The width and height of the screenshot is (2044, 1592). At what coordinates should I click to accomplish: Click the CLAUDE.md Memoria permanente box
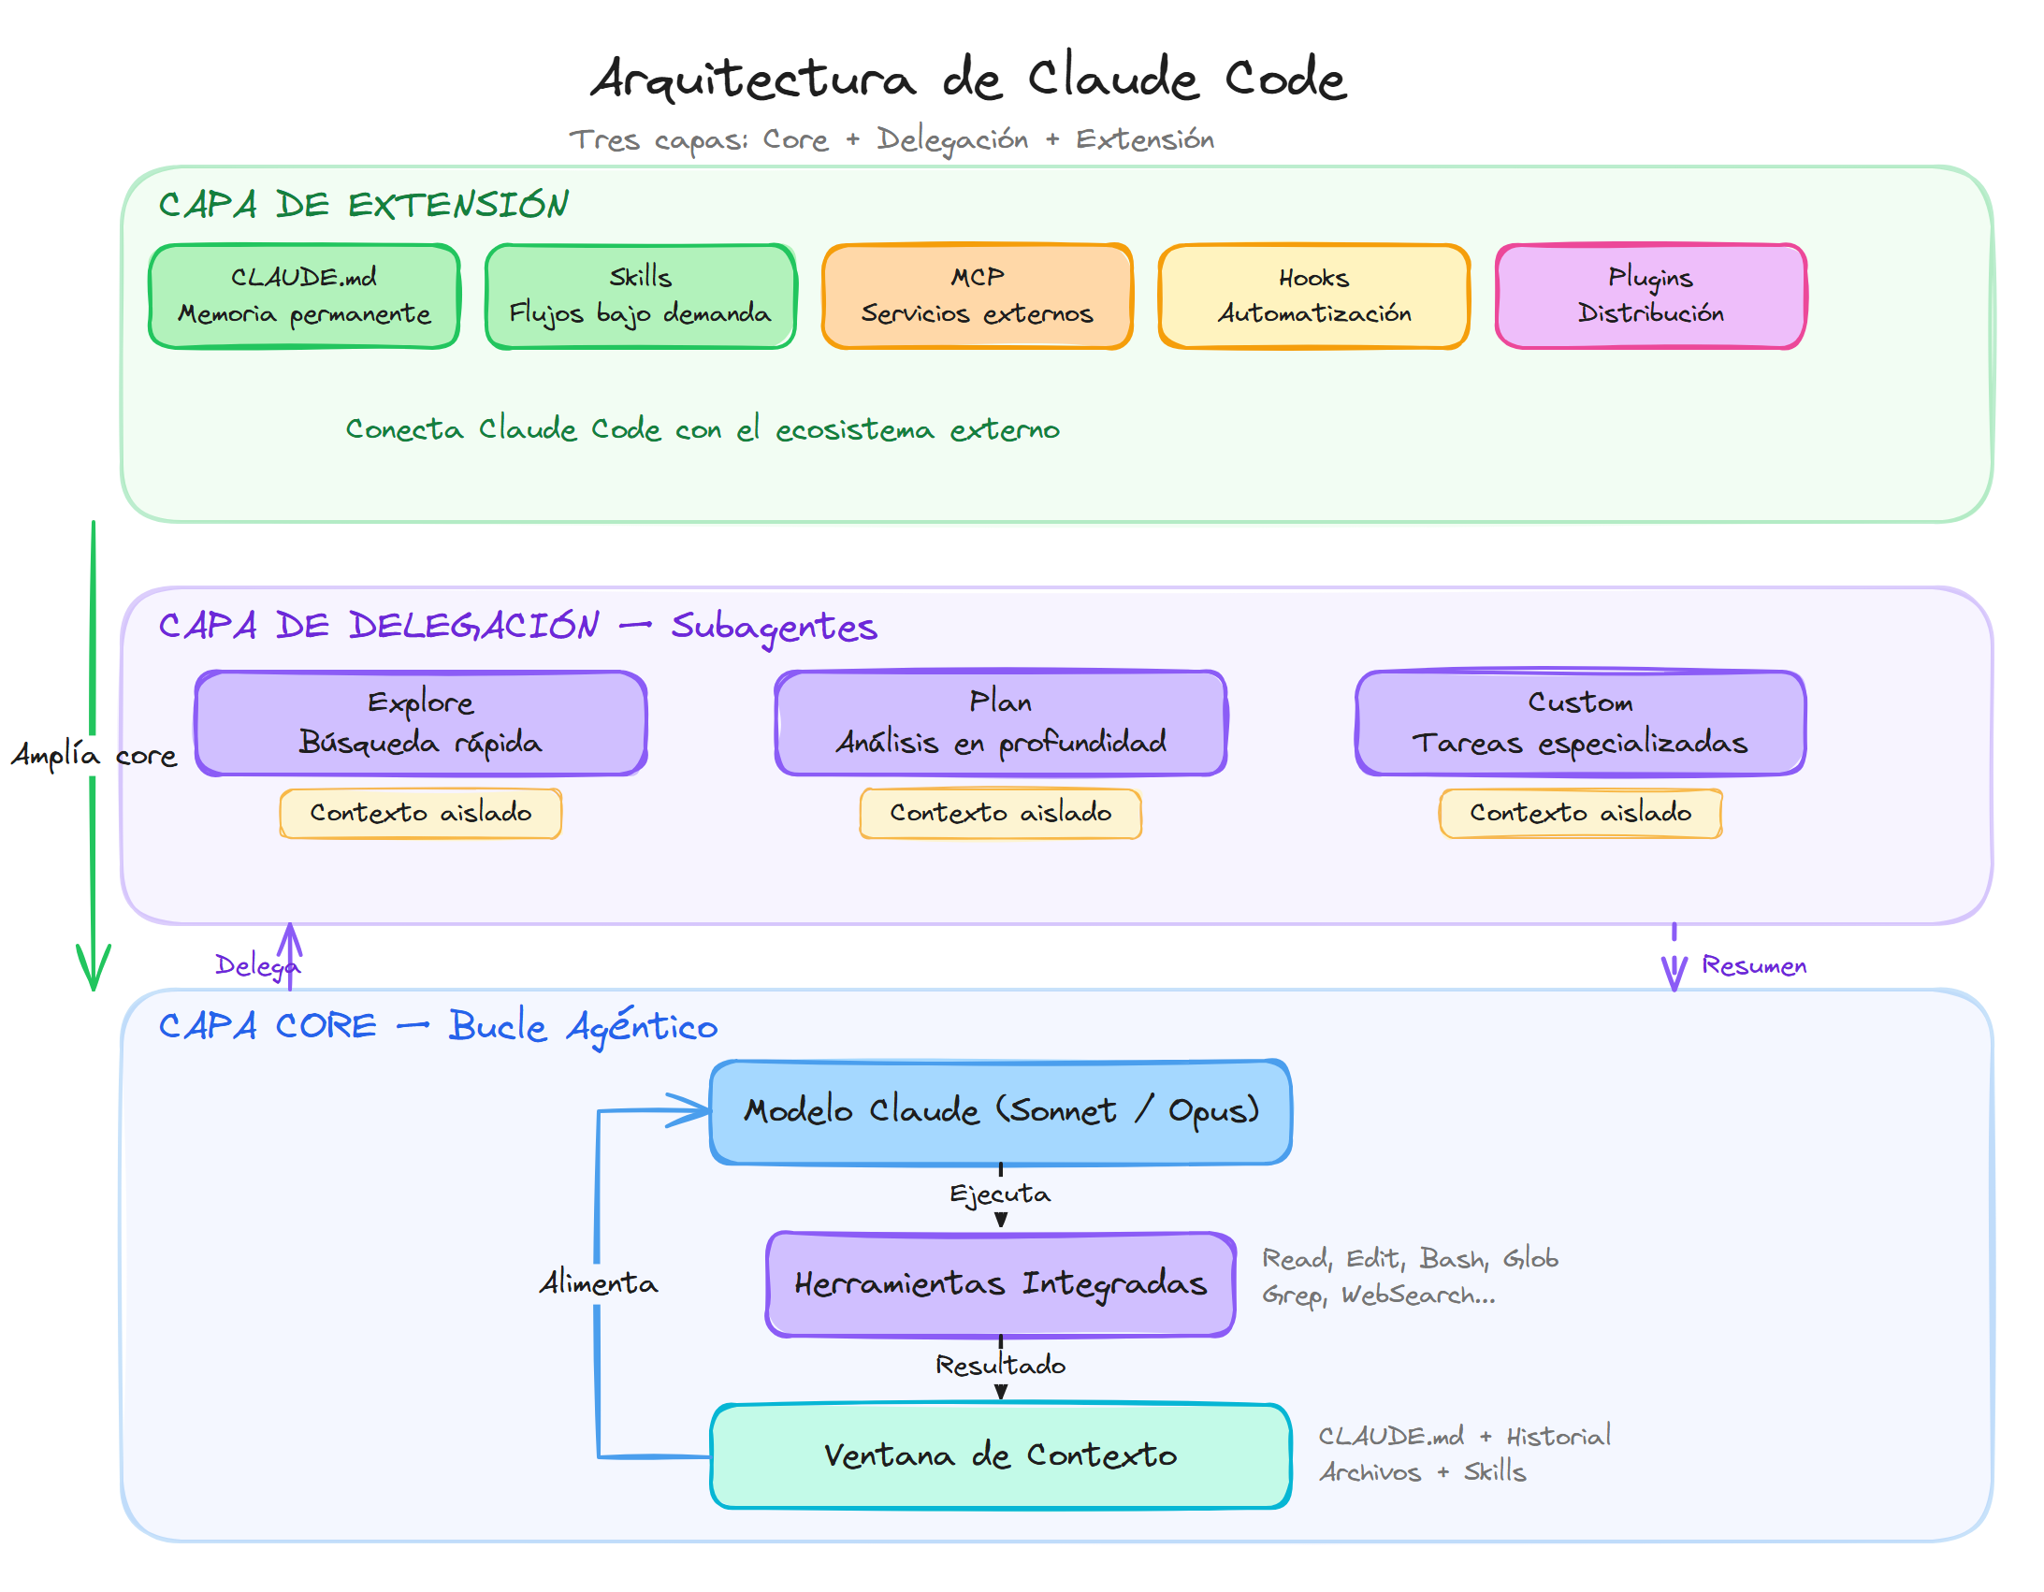304,296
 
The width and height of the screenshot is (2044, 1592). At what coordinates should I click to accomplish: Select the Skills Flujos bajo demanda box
640,296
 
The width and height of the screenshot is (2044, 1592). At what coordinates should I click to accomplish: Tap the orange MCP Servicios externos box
977,296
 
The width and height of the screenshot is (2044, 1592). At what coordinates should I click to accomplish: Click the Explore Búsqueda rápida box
420,722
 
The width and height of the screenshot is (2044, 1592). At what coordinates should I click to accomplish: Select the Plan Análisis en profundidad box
1000,722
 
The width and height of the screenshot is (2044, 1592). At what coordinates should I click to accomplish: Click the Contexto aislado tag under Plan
1000,813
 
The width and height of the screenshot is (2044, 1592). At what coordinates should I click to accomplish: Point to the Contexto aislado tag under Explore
420,813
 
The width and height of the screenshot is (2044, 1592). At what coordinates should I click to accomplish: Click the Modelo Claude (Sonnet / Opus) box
1000,1111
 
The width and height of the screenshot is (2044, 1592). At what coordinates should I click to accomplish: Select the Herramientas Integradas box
1000,1283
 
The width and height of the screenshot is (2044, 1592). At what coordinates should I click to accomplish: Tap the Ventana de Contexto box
1000,1455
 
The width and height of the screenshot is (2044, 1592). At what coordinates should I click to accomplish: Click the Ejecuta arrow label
999,1194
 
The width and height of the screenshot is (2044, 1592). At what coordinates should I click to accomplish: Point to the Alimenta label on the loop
598,1282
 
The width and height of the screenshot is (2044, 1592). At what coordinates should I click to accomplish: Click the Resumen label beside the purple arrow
1753,965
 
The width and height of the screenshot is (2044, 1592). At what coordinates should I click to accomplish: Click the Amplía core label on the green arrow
94,754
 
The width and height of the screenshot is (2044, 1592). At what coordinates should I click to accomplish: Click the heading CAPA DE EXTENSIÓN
363,204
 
